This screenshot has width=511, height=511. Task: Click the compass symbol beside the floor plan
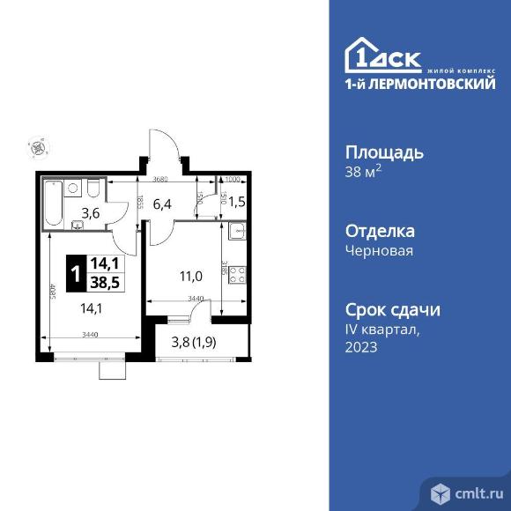[36, 148]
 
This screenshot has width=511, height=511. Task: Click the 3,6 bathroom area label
[92, 211]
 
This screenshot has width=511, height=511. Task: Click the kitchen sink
[236, 233]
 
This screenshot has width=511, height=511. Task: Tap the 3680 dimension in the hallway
[160, 180]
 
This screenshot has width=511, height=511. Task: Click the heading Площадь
[383, 152]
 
